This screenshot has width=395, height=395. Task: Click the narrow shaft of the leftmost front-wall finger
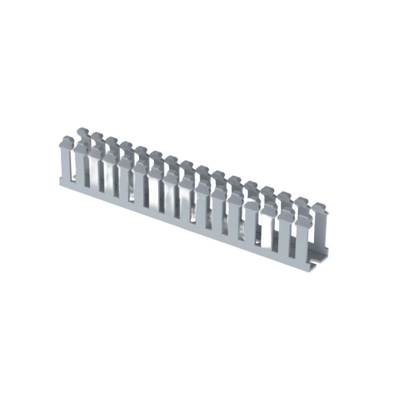[66, 163]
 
